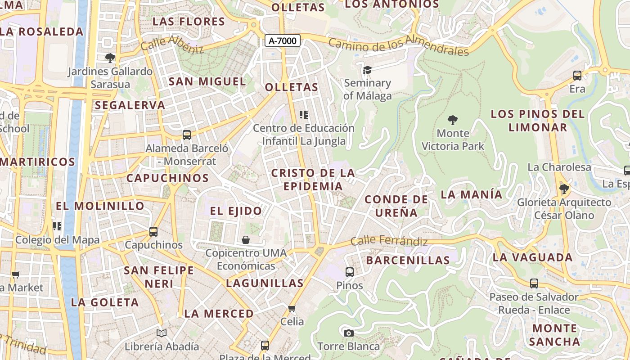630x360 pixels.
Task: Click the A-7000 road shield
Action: (x=282, y=41)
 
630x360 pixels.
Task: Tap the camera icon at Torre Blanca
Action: (x=348, y=333)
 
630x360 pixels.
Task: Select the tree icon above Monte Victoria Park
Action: (x=453, y=120)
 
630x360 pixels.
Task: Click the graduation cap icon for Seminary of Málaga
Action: (x=367, y=70)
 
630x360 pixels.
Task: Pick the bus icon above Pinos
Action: (x=349, y=272)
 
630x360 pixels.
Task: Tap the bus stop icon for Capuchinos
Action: (x=153, y=232)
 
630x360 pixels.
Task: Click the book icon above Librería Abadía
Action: (x=162, y=333)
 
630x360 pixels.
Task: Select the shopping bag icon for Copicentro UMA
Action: (x=246, y=240)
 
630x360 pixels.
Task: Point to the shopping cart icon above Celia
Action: (x=292, y=308)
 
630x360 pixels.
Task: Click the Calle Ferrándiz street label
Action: (x=389, y=241)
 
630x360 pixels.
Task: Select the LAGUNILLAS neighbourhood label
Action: (x=265, y=283)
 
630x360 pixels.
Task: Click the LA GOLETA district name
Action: (x=105, y=302)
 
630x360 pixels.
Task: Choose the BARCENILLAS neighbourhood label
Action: (x=408, y=260)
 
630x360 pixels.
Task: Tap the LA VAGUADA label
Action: (x=532, y=257)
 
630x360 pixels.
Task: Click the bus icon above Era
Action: (x=577, y=76)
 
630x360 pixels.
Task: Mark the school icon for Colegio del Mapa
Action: (x=57, y=226)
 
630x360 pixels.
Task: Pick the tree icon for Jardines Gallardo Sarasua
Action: (x=110, y=58)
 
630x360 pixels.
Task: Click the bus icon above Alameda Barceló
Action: (x=186, y=135)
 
